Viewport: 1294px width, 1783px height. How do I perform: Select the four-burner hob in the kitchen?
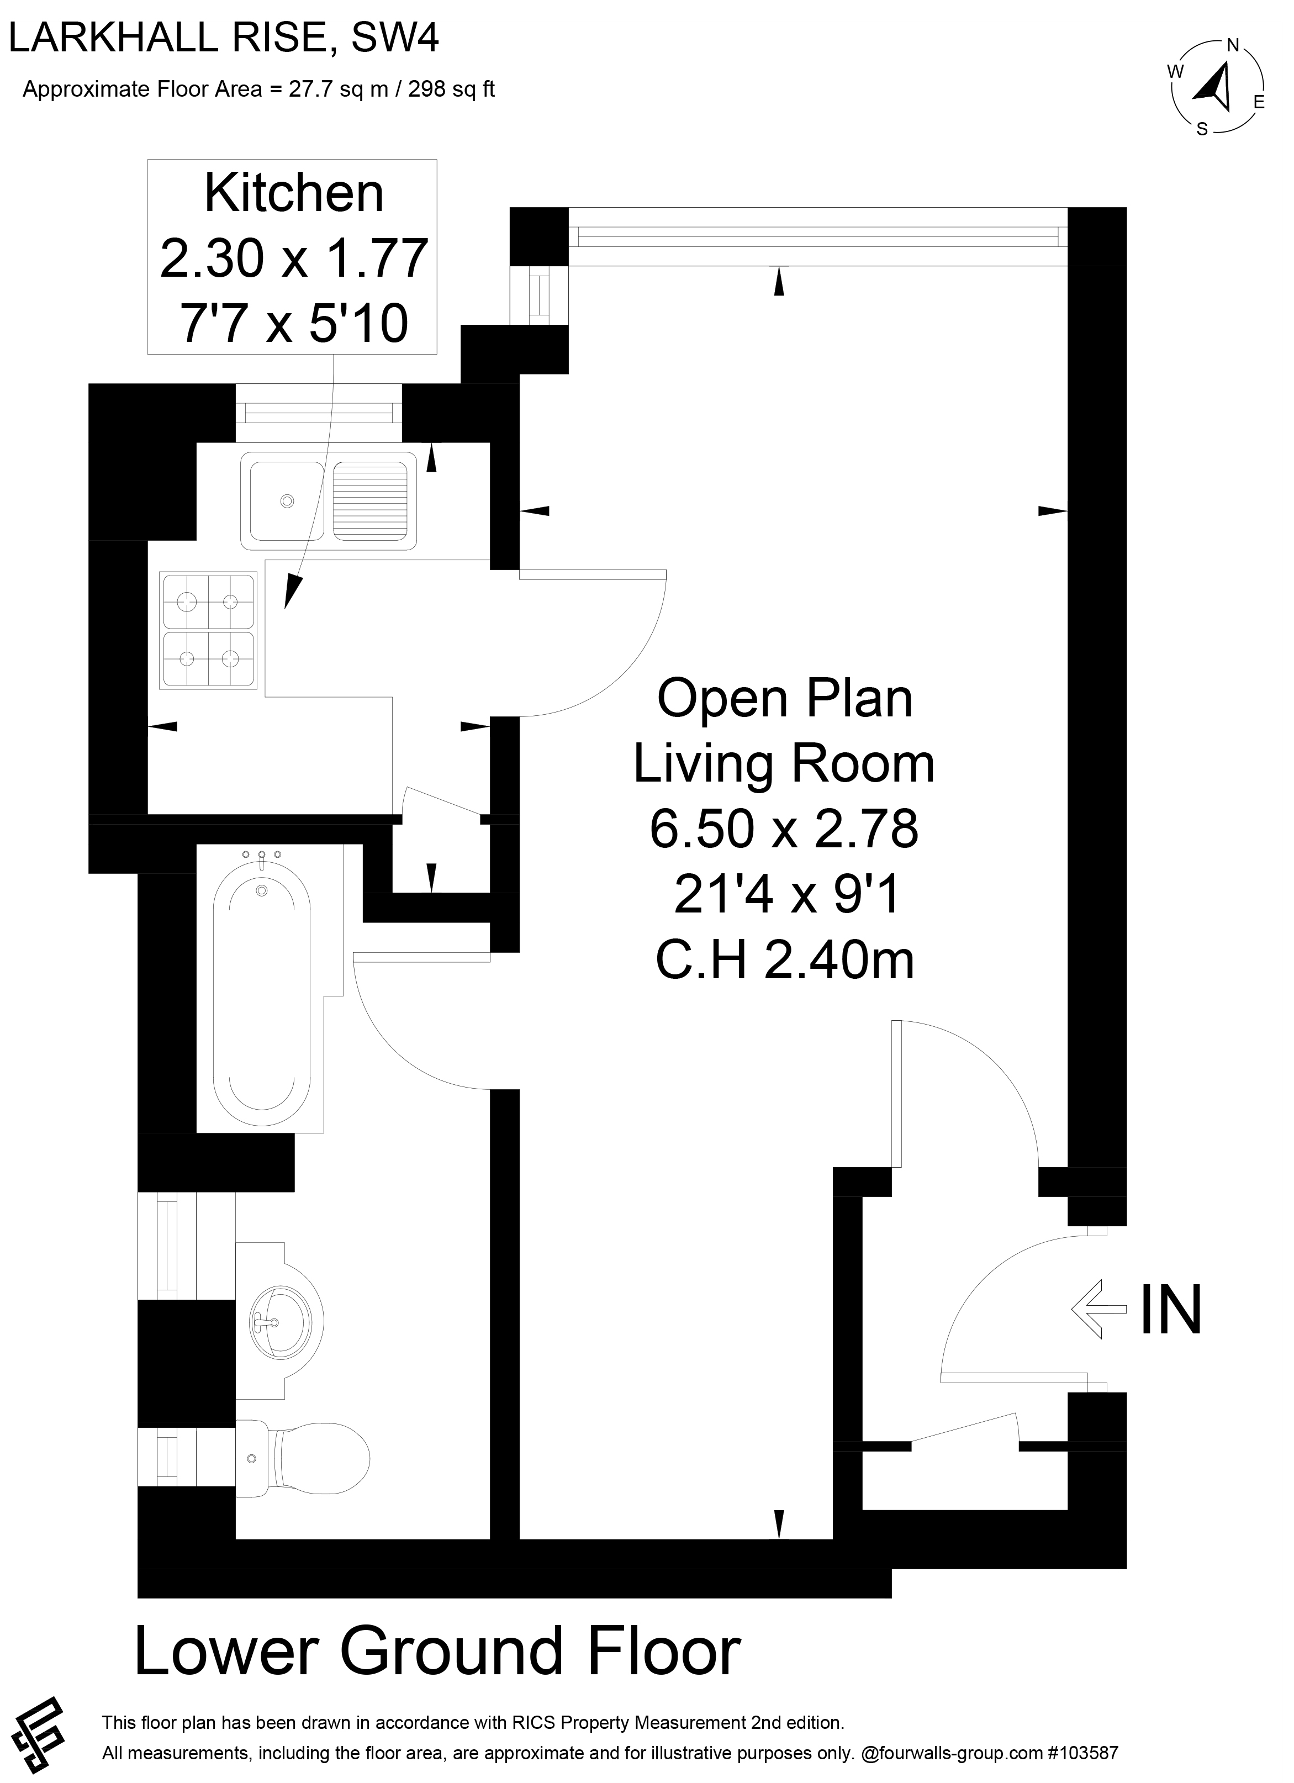point(208,630)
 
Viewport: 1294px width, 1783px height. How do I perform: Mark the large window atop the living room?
point(817,236)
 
